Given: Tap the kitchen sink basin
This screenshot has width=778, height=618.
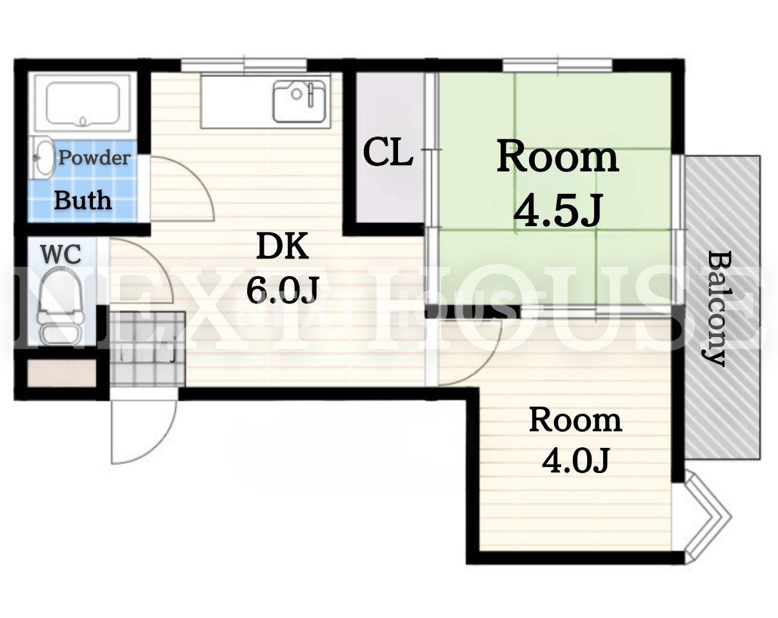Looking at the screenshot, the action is click(x=299, y=101).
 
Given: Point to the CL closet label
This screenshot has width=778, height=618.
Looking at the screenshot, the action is click(x=388, y=153).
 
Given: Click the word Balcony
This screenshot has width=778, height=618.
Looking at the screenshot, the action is click(x=715, y=309).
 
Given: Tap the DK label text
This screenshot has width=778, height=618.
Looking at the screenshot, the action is click(x=283, y=246).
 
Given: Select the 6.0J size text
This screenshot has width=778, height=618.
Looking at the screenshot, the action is click(x=283, y=290).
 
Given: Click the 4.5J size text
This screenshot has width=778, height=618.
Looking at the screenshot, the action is click(x=557, y=211).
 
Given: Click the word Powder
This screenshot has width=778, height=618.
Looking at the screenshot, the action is click(x=94, y=158).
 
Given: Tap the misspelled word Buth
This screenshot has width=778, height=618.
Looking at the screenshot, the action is click(x=83, y=200).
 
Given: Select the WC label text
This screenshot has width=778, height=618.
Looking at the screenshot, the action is click(x=61, y=254).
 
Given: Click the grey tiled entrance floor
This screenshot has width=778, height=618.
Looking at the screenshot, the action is click(x=148, y=348).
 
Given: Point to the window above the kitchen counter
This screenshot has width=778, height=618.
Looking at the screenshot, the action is click(x=244, y=66).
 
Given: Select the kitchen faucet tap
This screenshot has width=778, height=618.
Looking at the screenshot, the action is click(x=311, y=95).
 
